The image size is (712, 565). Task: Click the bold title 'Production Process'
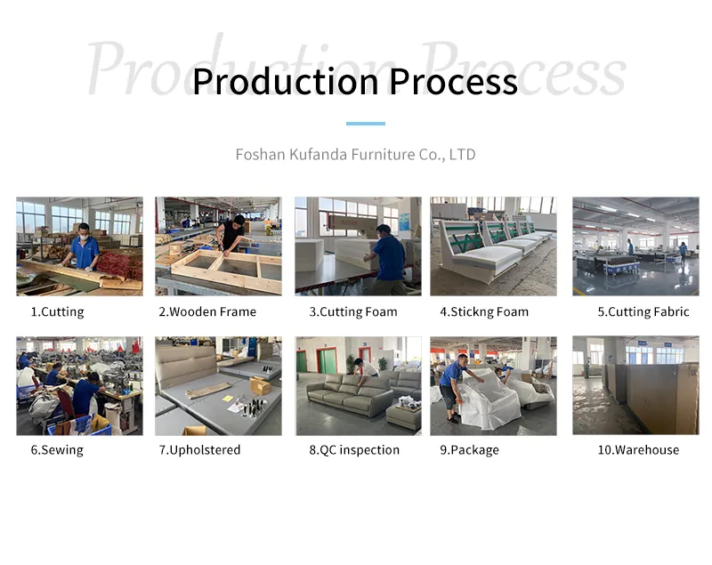pyautogui.click(x=354, y=82)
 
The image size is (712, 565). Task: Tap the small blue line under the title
pyautogui.click(x=365, y=124)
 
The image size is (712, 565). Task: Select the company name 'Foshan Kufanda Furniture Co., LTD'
pyautogui.click(x=355, y=155)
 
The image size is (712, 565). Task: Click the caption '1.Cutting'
pyautogui.click(x=57, y=311)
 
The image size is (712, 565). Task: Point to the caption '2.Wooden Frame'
pyautogui.click(x=207, y=311)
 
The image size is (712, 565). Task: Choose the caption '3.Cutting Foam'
pyautogui.click(x=353, y=311)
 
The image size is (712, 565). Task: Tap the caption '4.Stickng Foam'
pyautogui.click(x=484, y=311)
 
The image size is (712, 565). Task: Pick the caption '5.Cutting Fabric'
pyautogui.click(x=643, y=311)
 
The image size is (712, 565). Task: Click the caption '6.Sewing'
pyautogui.click(x=57, y=450)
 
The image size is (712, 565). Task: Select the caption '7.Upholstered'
pyautogui.click(x=199, y=450)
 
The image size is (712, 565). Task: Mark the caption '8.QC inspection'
pyautogui.click(x=354, y=450)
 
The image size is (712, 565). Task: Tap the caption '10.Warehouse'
pyautogui.click(x=638, y=450)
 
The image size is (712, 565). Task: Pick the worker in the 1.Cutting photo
pyautogui.click(x=85, y=246)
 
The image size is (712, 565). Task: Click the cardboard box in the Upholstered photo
pyautogui.click(x=261, y=385)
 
